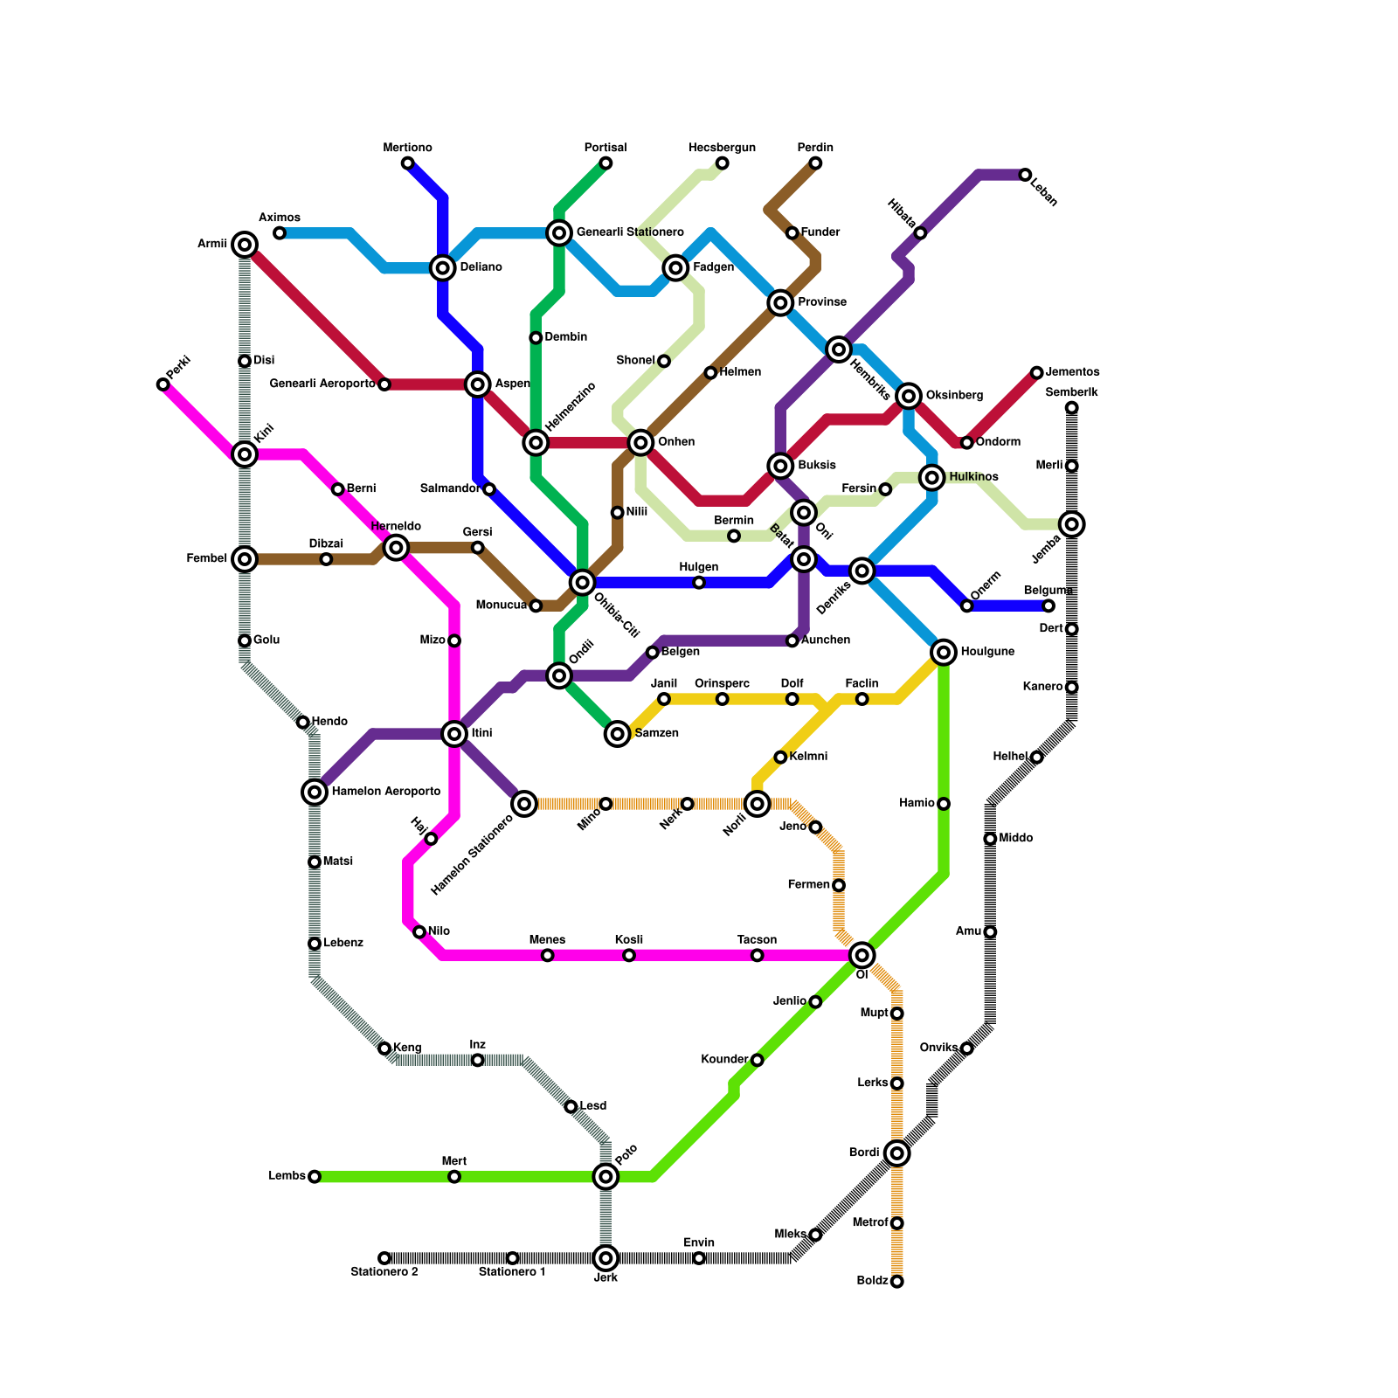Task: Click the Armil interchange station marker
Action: (246, 245)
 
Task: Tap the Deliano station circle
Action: (443, 267)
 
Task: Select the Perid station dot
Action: (163, 384)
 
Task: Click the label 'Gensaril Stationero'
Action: (630, 232)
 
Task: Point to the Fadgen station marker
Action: (675, 267)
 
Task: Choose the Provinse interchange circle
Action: (780, 303)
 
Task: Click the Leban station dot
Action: (1025, 175)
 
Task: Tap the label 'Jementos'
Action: (1072, 372)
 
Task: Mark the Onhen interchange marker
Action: (641, 442)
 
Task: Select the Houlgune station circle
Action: (944, 652)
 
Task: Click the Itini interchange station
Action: (454, 734)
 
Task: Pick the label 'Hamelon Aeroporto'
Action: (385, 792)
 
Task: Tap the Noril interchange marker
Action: (758, 803)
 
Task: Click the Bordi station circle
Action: (896, 1153)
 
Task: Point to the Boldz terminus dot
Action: (896, 1281)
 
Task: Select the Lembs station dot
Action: (315, 1177)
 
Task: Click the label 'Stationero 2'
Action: (384, 1272)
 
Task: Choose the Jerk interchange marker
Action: (606, 1258)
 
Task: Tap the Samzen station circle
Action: (618, 734)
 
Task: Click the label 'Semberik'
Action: (1071, 393)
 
